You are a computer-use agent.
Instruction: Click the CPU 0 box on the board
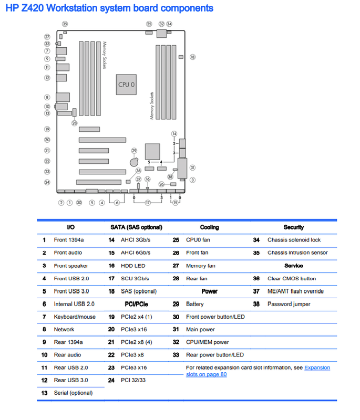(x=126, y=85)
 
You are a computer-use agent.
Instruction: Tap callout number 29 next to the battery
(x=134, y=151)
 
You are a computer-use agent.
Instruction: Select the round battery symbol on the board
(x=134, y=162)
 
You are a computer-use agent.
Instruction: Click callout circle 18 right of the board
(x=192, y=57)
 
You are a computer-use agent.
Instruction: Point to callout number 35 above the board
(x=65, y=24)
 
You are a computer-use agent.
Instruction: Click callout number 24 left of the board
(x=47, y=182)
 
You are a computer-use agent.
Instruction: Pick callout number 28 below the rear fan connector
(x=74, y=123)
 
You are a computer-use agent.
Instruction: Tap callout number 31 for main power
(x=192, y=167)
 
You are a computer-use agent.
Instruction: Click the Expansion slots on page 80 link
(x=258, y=371)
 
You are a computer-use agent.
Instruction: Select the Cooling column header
(x=209, y=227)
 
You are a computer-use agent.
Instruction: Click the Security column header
(x=294, y=227)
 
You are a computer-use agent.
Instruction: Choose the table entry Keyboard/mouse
(x=75, y=317)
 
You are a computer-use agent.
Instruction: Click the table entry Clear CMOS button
(x=292, y=279)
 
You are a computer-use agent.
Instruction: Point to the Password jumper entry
(x=289, y=304)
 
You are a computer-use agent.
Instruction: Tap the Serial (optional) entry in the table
(x=73, y=393)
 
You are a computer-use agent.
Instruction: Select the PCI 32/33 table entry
(x=133, y=380)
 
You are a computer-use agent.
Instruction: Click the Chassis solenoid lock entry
(x=294, y=240)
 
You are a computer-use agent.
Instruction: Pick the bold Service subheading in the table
(x=294, y=266)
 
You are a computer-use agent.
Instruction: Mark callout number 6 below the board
(x=117, y=203)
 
